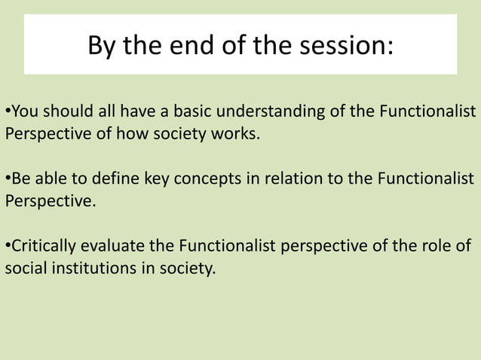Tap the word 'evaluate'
click(112, 246)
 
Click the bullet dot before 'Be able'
click(8, 180)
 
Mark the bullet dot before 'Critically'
click(8, 246)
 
